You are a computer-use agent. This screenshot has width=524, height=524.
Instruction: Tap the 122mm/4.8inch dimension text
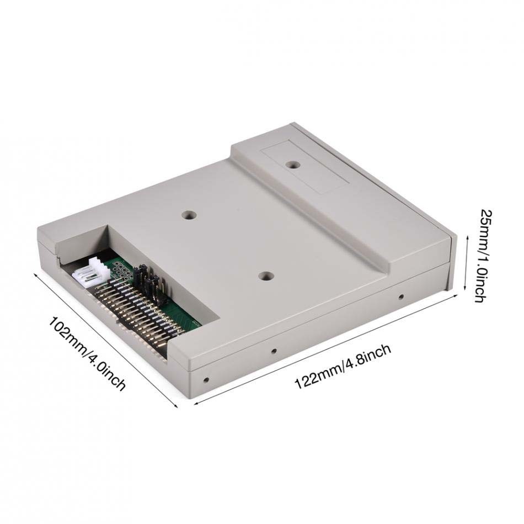pos(343,367)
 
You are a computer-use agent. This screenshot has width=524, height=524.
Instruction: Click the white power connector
pos(91,273)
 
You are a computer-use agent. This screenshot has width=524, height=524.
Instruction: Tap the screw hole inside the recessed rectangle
pos(294,165)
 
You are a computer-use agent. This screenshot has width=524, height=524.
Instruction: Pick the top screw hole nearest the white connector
pos(189,214)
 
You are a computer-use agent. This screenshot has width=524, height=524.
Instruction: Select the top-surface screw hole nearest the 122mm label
pos(266,277)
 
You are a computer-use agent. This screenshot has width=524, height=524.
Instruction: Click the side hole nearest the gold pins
pos(206,380)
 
